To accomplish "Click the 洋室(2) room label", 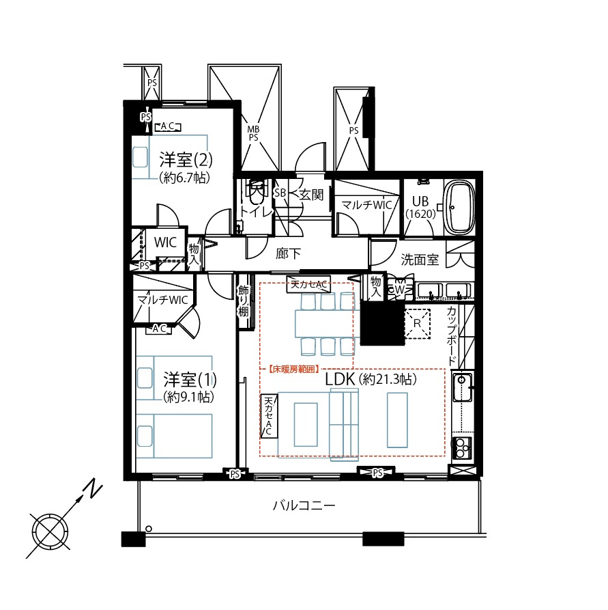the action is point(186,160).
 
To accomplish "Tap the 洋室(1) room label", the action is point(190,379).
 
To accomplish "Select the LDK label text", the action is point(340,379).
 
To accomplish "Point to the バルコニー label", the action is point(304,505).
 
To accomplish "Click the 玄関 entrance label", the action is point(311,195).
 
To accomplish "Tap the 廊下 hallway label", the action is point(288,253).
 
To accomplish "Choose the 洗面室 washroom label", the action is point(420,260).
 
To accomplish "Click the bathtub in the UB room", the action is point(459,208).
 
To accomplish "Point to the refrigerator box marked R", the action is point(418,323).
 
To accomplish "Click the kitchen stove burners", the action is point(462,449).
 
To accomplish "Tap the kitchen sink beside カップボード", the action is point(462,387).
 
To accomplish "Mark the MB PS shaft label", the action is point(253,133).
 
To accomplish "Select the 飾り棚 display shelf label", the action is point(244,301).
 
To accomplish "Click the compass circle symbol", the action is point(50,531).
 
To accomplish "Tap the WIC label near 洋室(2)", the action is point(165,242).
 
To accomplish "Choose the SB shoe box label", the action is point(280,193).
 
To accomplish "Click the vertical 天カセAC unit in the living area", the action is point(270,416).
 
